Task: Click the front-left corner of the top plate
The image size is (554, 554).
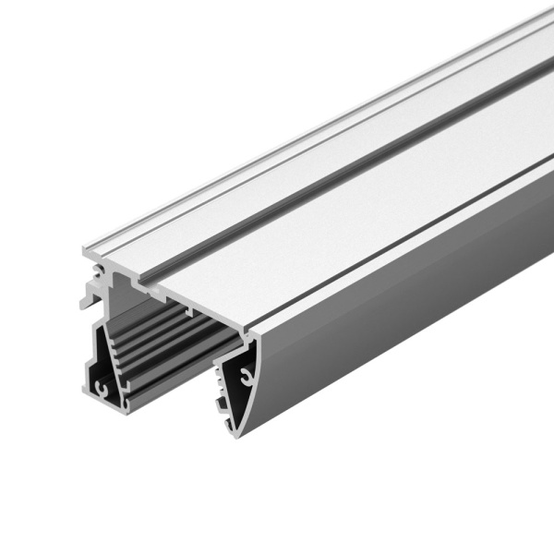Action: pyautogui.click(x=86, y=250)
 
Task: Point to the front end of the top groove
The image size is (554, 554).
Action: pyautogui.click(x=146, y=274)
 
